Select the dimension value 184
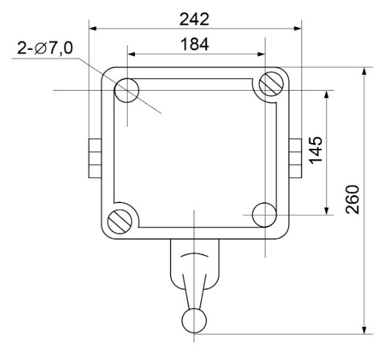pos(195,44)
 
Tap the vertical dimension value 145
pos(317,151)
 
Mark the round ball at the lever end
pos(194,320)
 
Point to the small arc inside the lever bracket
pos(194,257)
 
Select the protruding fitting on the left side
pos(94,157)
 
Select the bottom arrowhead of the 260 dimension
pos(365,330)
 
